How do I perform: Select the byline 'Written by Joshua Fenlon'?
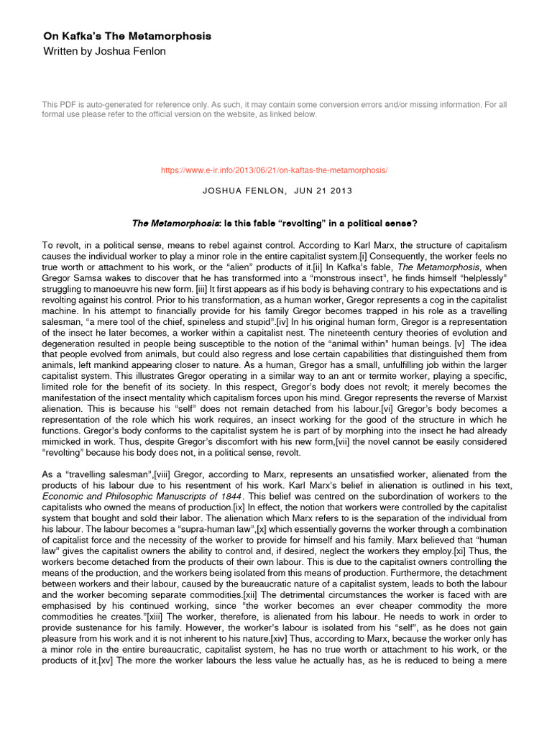[x=104, y=51]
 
